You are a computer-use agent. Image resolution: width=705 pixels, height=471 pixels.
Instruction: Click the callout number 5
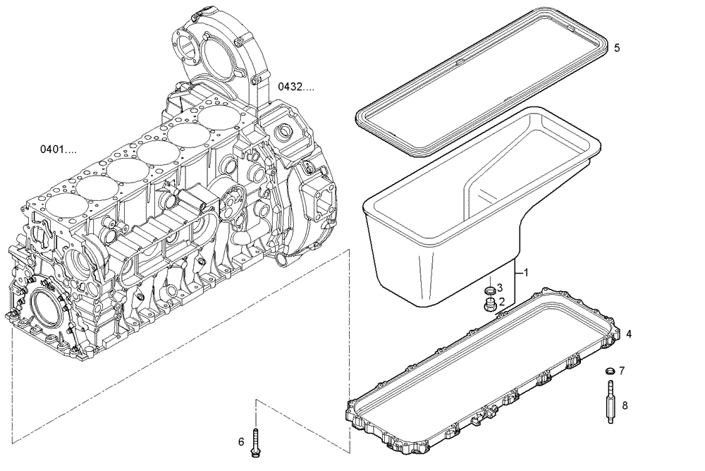617,48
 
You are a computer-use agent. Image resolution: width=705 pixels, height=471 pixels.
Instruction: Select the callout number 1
526,272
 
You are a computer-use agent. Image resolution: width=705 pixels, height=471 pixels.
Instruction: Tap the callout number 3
500,288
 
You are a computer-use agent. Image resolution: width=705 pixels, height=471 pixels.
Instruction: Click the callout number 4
629,334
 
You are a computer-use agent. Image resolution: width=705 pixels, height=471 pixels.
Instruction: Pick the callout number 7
622,371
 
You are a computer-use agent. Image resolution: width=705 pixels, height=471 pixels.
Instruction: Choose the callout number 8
625,405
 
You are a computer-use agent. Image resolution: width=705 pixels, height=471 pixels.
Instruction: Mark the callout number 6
240,442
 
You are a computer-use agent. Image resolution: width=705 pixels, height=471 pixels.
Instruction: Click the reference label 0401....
58,149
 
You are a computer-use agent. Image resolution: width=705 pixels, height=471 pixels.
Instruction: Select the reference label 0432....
295,87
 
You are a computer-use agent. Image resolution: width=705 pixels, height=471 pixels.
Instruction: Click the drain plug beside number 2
487,305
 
